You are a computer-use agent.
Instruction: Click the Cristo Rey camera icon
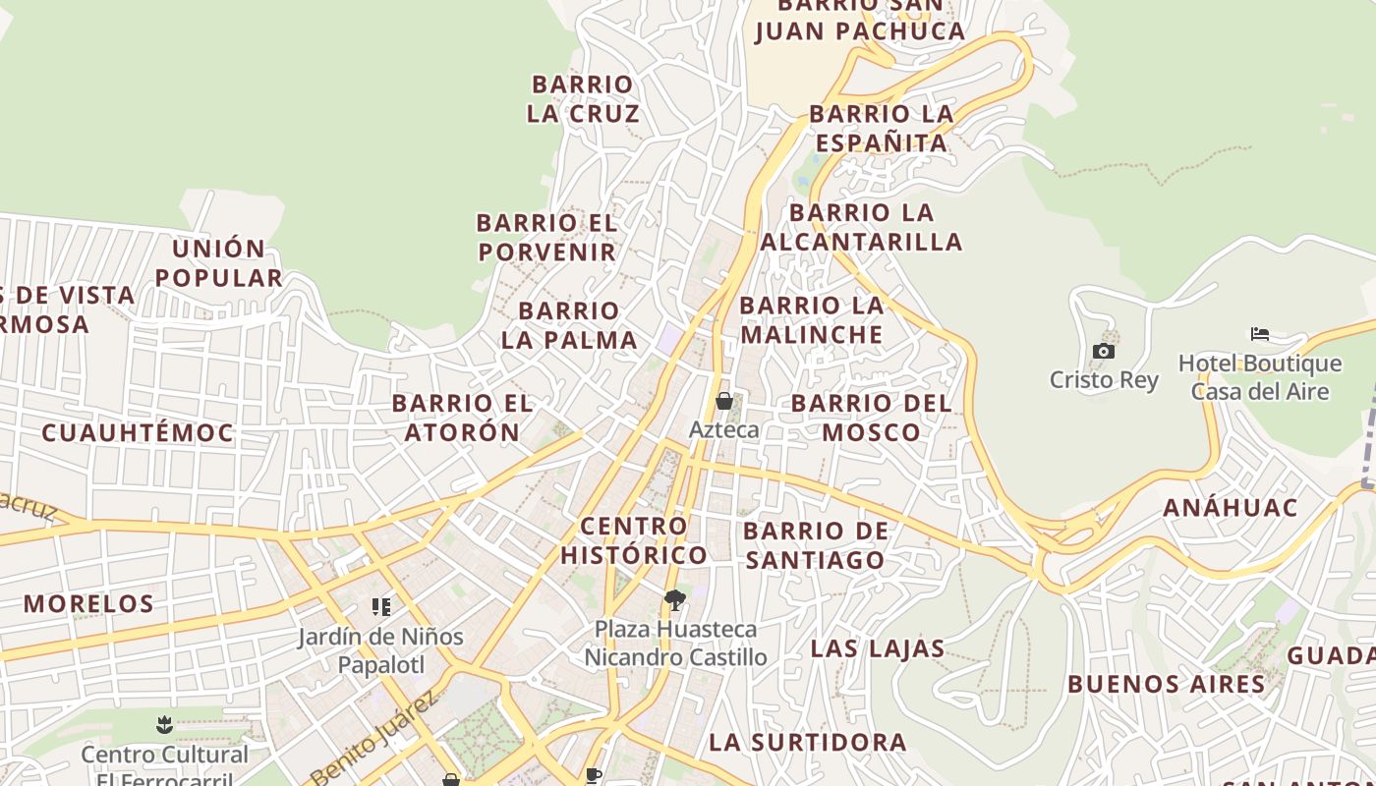point(1104,352)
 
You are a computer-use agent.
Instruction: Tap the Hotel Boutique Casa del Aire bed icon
point(1260,334)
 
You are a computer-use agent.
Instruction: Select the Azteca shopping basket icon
point(724,401)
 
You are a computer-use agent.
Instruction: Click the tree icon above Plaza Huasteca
point(674,600)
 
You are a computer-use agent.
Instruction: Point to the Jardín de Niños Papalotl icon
point(381,607)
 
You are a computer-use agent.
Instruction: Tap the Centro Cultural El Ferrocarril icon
point(164,725)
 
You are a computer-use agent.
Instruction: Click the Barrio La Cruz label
point(583,99)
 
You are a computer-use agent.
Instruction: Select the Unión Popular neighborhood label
point(218,263)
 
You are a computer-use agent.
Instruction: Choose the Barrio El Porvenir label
point(546,238)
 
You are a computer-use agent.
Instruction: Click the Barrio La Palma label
point(569,326)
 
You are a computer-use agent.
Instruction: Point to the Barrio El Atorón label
point(462,418)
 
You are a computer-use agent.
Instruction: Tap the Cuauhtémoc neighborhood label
point(138,433)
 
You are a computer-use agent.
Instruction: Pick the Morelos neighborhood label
point(88,603)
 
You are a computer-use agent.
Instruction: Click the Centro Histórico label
point(634,540)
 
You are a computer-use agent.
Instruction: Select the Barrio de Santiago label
point(816,546)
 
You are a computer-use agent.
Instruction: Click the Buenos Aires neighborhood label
point(1166,684)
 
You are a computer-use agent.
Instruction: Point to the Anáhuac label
point(1231,508)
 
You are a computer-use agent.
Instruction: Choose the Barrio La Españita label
point(882,129)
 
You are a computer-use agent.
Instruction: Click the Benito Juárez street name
point(373,738)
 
